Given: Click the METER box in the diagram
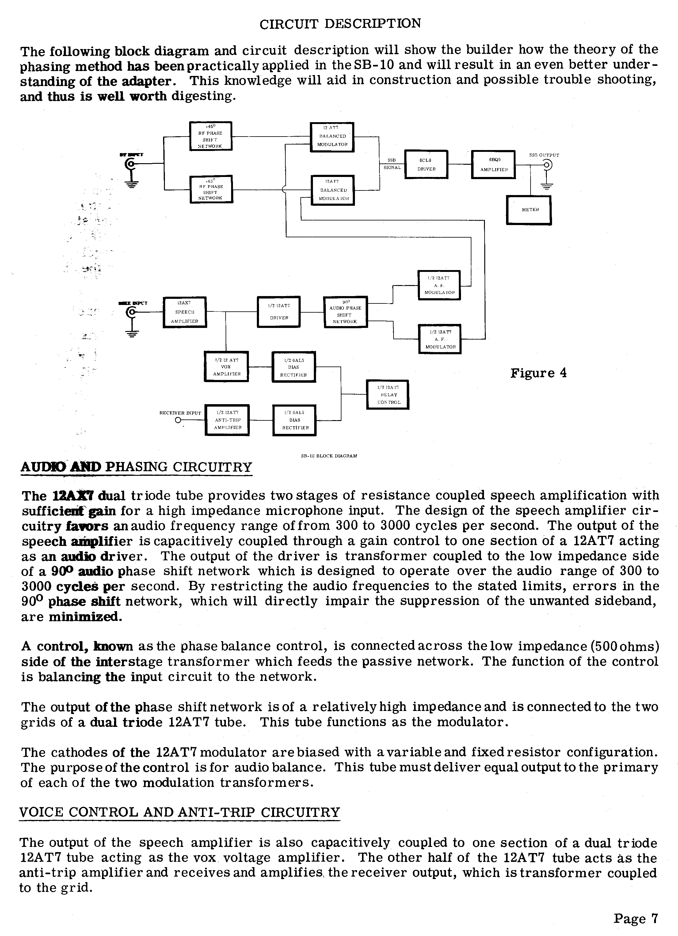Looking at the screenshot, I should tap(528, 210).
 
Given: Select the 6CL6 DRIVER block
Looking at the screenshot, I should tap(426, 164).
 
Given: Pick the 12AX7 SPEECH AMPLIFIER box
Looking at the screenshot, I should tap(184, 312).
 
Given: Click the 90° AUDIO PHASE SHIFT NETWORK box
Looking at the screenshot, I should tap(345, 312).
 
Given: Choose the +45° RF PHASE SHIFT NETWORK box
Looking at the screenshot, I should tap(211, 136).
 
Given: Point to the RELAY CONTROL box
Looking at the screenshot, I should tap(387, 395).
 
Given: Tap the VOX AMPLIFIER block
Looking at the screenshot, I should tap(227, 367).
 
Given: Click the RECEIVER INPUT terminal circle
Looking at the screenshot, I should tap(178, 420).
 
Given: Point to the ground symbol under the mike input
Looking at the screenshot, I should tap(132, 333).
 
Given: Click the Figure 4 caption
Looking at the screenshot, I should tap(538, 373).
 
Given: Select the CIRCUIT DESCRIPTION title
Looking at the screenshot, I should tap(340, 24).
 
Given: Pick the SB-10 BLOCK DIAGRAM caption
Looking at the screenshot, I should tap(329, 456).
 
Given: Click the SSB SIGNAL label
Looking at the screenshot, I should tap(391, 164).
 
